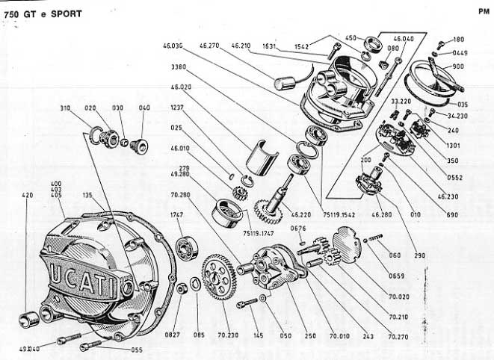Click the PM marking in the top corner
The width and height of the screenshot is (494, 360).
pos(483,11)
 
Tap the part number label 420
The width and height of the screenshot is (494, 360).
pos(28,196)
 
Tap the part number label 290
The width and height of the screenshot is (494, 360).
pos(419,255)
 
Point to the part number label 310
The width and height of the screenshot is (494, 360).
pos(66,108)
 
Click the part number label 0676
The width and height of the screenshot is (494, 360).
pos(298,229)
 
